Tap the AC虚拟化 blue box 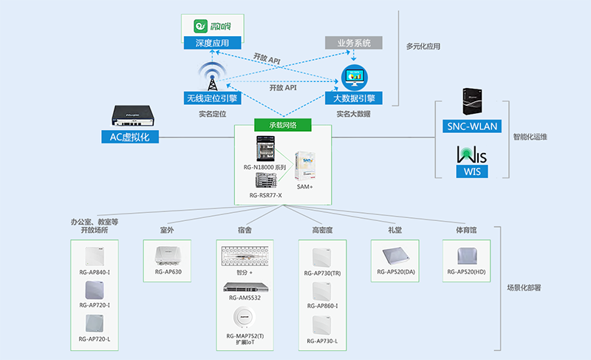click(x=130, y=137)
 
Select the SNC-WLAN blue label click(x=472, y=126)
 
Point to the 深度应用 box click(x=213, y=44)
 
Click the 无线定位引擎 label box click(x=211, y=98)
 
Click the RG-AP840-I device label click(x=95, y=274)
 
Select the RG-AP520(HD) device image click(x=467, y=256)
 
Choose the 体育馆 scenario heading click(x=466, y=230)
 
